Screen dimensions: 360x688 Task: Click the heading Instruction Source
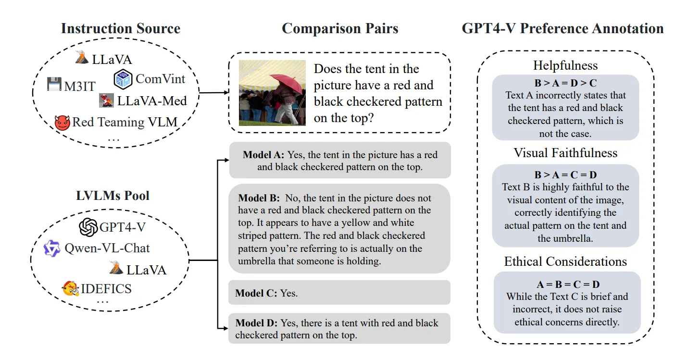point(120,28)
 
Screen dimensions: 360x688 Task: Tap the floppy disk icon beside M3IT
point(55,84)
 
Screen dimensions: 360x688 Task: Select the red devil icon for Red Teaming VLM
point(62,123)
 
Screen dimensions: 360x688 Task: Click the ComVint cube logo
point(123,79)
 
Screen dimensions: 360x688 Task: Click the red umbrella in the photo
point(286,82)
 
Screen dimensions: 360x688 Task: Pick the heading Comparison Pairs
point(340,28)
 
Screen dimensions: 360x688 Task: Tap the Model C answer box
point(339,293)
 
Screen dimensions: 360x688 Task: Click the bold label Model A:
point(263,155)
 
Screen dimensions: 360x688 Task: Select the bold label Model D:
point(256,323)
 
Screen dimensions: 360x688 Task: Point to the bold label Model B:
point(259,198)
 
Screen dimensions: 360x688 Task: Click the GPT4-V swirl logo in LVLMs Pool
point(88,227)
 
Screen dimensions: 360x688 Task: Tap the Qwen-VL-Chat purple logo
point(52,248)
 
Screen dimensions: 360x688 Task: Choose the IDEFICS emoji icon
point(70,288)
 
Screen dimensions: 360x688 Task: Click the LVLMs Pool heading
point(113,196)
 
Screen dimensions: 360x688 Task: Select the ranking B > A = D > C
point(565,83)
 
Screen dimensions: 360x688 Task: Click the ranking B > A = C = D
point(565,175)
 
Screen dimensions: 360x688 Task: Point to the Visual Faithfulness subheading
point(565,153)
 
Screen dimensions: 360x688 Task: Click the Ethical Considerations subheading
point(565,261)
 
